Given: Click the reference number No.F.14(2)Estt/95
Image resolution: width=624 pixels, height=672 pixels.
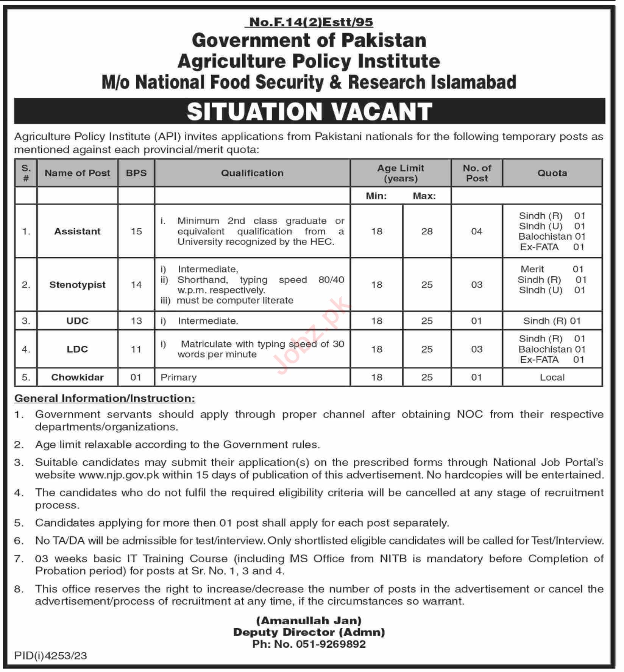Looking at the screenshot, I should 309,22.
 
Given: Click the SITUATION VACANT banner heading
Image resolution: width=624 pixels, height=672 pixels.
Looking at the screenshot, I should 309,112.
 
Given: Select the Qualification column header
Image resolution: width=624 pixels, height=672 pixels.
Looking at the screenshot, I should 252,173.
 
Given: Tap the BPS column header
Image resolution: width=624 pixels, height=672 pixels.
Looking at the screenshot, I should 136,173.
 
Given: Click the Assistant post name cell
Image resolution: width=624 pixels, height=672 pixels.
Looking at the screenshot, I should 77,231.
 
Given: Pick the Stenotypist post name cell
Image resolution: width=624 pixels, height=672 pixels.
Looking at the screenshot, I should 77,285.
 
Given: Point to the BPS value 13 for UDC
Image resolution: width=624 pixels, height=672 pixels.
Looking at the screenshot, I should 136,321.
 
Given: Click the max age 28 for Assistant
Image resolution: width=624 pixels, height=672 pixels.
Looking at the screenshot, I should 427,231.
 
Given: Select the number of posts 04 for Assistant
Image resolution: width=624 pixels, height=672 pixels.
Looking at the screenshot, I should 477,231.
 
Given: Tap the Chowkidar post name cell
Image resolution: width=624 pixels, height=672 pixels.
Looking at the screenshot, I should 77,377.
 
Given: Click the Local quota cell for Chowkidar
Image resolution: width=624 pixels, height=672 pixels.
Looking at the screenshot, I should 552,377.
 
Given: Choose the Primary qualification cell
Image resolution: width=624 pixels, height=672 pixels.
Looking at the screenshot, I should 179,377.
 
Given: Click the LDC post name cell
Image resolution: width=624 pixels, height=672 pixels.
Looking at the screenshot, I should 77,349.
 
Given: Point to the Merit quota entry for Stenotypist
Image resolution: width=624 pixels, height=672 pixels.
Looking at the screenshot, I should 532,269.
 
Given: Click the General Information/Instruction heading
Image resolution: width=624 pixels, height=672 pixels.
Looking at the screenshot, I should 105,398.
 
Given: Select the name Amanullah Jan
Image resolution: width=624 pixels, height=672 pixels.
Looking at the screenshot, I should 309,621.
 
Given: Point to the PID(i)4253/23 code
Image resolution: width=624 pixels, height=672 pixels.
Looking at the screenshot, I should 51,656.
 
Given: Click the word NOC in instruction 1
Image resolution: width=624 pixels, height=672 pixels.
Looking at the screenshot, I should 470,414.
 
